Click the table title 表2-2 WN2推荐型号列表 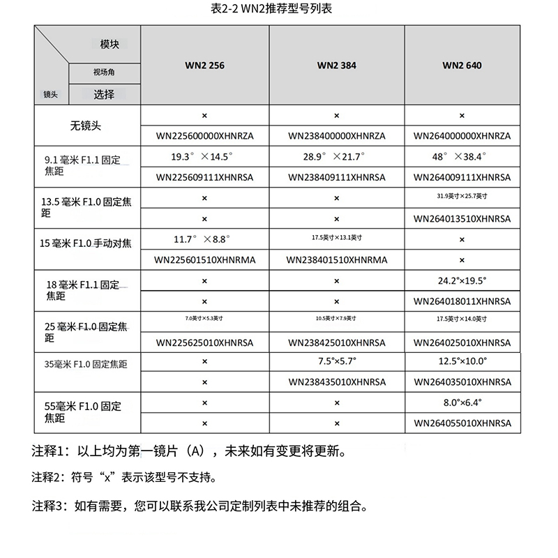pyautogui.click(x=278, y=10)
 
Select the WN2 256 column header pyautogui.click(x=204, y=66)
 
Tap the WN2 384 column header pyautogui.click(x=336, y=66)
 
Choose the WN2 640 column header pyautogui.click(x=462, y=66)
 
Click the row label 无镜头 pyautogui.click(x=86, y=126)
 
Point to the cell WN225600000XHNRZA pyautogui.click(x=204, y=136)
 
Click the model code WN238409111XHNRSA pyautogui.click(x=336, y=178)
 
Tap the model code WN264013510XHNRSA pyautogui.click(x=462, y=218)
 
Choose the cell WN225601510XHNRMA pyautogui.click(x=204, y=260)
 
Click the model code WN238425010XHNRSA pyautogui.click(x=336, y=342)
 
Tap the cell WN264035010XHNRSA pyautogui.click(x=462, y=382)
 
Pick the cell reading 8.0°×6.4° pyautogui.click(x=462, y=402)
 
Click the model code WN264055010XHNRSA pyautogui.click(x=462, y=423)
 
